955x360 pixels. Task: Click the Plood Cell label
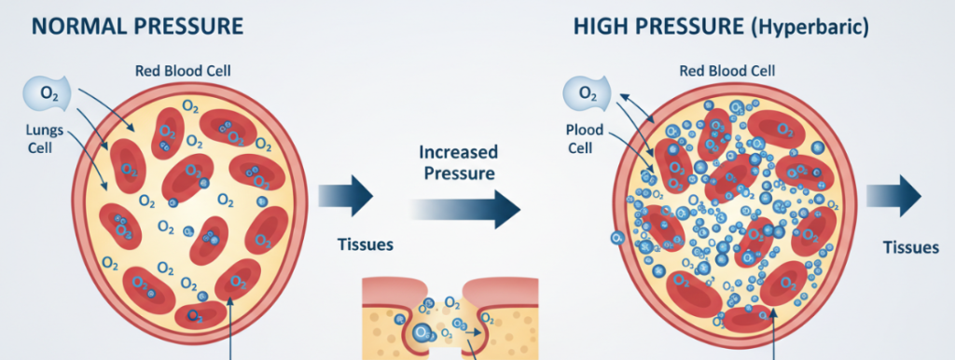(584, 139)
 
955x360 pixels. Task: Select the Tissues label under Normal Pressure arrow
(365, 246)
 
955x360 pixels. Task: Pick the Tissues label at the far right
(910, 247)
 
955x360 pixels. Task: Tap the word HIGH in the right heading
(602, 25)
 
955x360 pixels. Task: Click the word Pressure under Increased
(458, 173)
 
